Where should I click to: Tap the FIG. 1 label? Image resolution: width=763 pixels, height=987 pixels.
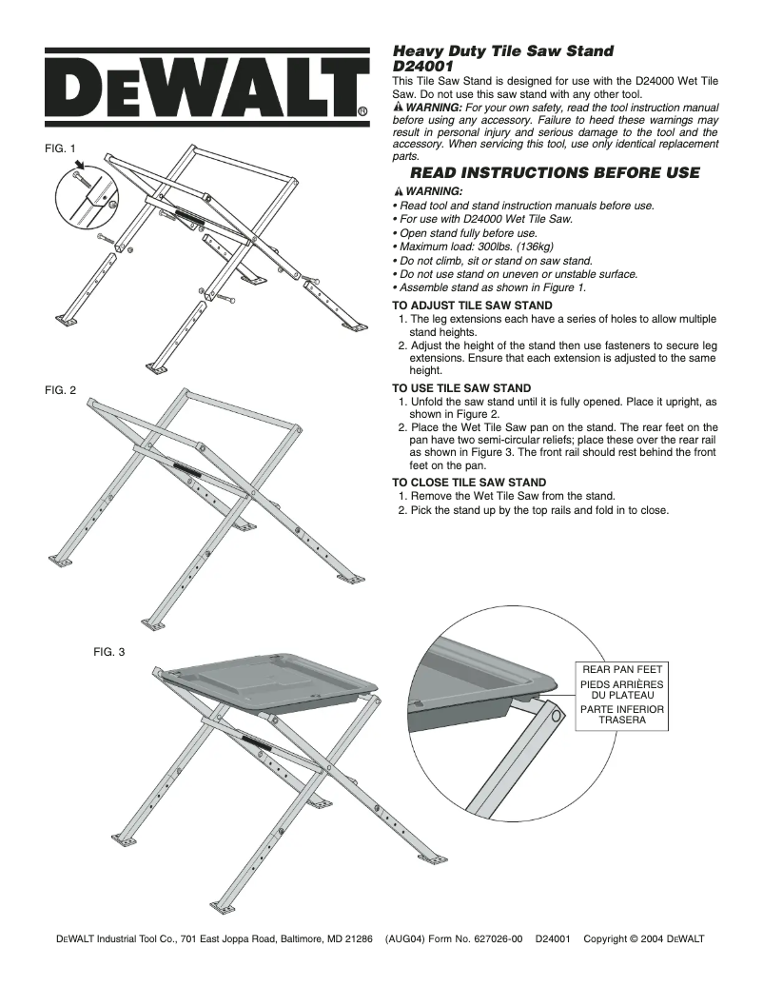point(60,148)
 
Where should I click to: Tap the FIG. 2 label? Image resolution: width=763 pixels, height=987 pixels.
point(60,388)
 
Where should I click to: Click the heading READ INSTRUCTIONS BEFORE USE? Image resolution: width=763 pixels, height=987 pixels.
point(554,173)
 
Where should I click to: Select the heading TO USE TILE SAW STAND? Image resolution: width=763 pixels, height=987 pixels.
point(461,388)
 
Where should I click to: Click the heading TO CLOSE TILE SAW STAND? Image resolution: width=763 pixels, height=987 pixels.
point(469,483)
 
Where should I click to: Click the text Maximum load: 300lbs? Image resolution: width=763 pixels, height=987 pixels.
point(461,247)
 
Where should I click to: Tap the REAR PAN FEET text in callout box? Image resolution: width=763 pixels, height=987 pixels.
point(621,670)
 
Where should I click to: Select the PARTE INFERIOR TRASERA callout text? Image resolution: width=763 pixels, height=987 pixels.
point(621,715)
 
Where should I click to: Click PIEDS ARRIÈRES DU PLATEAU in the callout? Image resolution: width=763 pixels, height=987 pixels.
point(621,690)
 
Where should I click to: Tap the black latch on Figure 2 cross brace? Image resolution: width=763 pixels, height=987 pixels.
point(187,467)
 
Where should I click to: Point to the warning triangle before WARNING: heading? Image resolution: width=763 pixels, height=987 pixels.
point(399,192)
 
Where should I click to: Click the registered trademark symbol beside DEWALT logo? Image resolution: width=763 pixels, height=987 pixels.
point(362,110)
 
